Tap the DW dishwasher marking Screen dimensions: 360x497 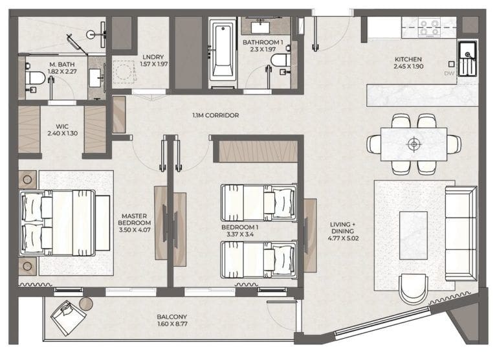point(450,73)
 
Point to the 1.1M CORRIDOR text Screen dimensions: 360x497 point(215,115)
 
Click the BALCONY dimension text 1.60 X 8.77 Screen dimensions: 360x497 point(173,325)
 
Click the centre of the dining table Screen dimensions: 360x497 point(414,143)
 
